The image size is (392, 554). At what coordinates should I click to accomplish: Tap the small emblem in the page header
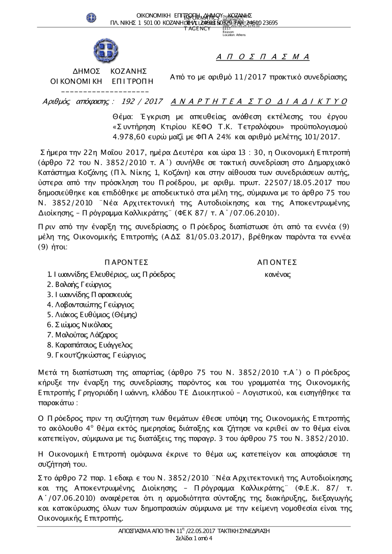(x=91, y=18)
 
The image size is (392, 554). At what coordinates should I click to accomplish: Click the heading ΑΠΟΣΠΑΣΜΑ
(x=263, y=57)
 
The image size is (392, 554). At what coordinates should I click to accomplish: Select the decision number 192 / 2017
(x=142, y=102)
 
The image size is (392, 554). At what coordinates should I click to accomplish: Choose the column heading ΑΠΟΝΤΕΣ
(x=277, y=262)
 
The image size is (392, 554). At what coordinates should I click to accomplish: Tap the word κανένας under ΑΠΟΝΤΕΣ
(x=278, y=274)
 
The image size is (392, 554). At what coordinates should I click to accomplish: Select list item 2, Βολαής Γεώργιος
(x=79, y=285)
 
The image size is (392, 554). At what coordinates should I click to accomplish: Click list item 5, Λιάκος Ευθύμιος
(x=92, y=315)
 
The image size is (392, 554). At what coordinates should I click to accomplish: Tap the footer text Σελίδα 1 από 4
(x=194, y=538)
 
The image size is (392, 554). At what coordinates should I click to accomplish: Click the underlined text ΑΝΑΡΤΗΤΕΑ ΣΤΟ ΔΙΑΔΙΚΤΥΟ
(x=259, y=102)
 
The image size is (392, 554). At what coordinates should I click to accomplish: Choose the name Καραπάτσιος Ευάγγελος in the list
(x=90, y=345)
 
